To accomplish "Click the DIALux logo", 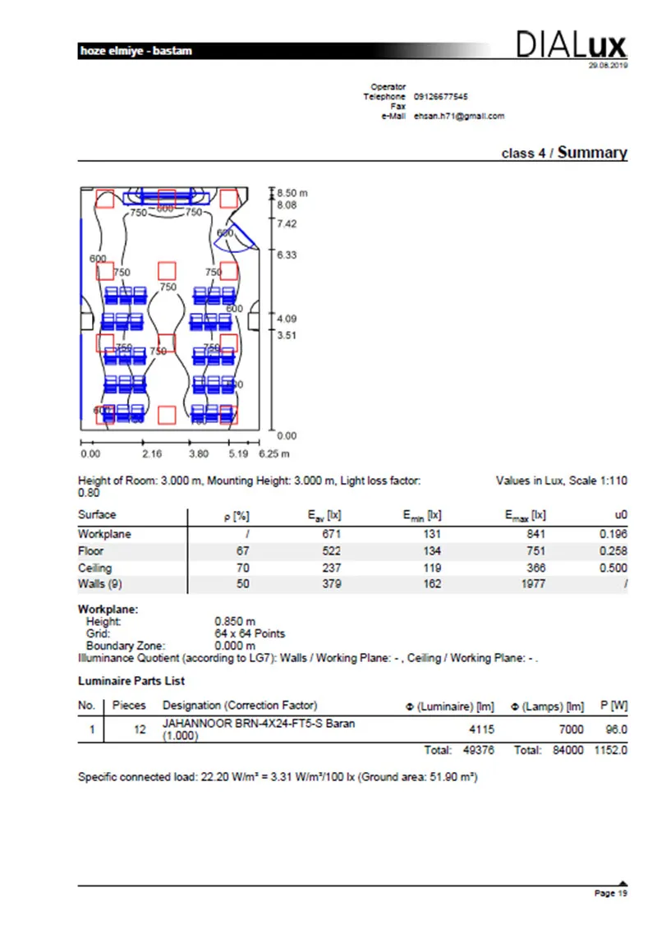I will pyautogui.click(x=571, y=44).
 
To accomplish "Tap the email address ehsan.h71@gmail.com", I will pyautogui.click(x=459, y=116).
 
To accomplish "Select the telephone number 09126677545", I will pyautogui.click(x=441, y=97).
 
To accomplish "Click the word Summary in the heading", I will pyautogui.click(x=592, y=153).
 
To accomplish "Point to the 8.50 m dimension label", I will pyautogui.click(x=292, y=193).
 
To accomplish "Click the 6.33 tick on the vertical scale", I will pyautogui.click(x=287, y=255).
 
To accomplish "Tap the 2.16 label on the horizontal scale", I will pyautogui.click(x=152, y=453).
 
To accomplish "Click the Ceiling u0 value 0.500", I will pyautogui.click(x=613, y=568).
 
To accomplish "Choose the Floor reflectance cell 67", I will pyautogui.click(x=242, y=551).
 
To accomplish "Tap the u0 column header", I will pyautogui.click(x=620, y=516).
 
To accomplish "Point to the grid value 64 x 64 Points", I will pyautogui.click(x=250, y=634).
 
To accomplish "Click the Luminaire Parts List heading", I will pyautogui.click(x=131, y=681).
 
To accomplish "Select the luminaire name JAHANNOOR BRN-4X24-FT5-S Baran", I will pyautogui.click(x=259, y=724).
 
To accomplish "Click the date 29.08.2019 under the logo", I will pyautogui.click(x=608, y=66).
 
